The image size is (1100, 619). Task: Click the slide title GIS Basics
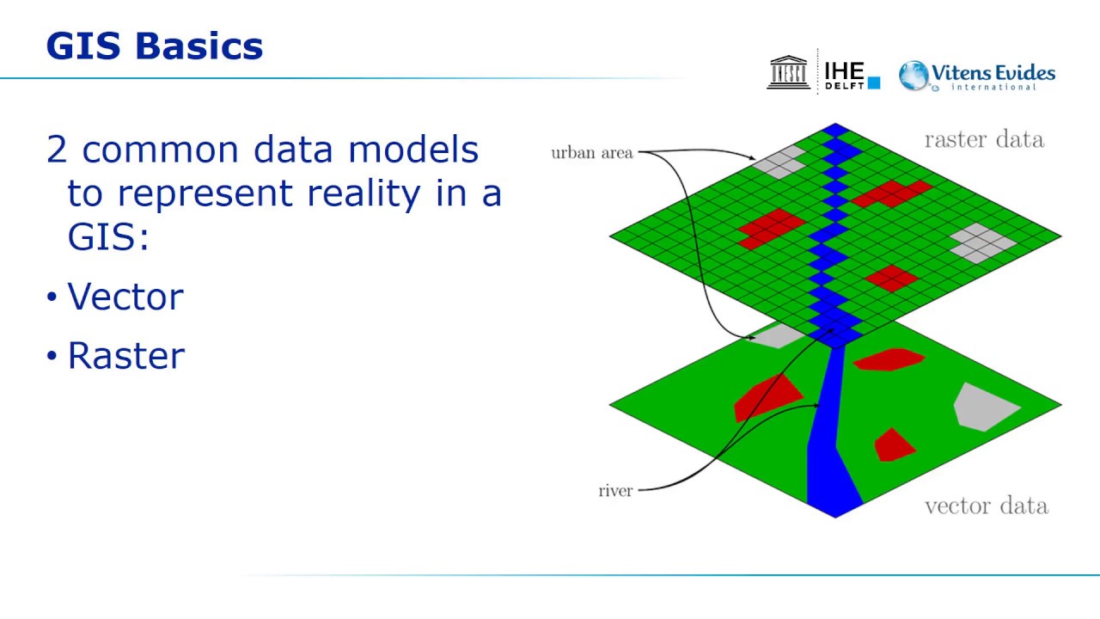click(155, 46)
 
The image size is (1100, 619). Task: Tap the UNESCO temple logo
click(788, 72)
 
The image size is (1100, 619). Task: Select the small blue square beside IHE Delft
click(874, 83)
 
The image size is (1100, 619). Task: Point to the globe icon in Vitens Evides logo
click(914, 76)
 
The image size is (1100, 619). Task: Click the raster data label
click(984, 139)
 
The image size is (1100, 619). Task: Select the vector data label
click(986, 506)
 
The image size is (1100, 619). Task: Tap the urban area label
click(591, 153)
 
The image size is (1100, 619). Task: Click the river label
click(615, 491)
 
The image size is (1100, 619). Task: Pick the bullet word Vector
click(125, 297)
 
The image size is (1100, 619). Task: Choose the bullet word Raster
click(125, 356)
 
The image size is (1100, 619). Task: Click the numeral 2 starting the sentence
click(57, 150)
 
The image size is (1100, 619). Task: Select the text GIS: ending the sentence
click(108, 237)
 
